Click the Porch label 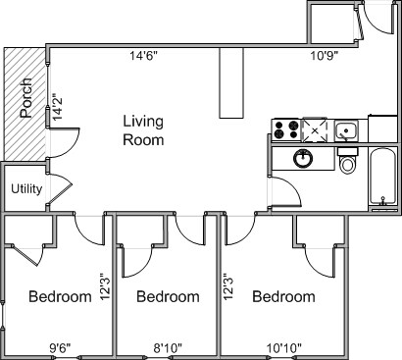(x=26, y=98)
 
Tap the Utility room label (x=26, y=189)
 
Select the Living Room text (x=143, y=130)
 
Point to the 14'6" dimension (x=144, y=56)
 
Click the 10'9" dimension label (x=324, y=56)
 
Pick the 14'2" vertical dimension (x=58, y=108)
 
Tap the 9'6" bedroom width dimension (x=61, y=348)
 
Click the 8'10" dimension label (x=168, y=348)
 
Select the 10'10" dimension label (x=284, y=348)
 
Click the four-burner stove (x=286, y=129)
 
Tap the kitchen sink (x=347, y=129)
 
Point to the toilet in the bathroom (x=347, y=161)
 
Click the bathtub (x=382, y=177)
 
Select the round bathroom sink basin (x=303, y=158)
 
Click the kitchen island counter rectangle (x=231, y=82)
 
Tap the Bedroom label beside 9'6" (x=60, y=297)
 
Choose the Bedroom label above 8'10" (x=168, y=297)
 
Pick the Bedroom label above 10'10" (x=284, y=297)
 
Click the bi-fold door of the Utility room (x=60, y=190)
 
